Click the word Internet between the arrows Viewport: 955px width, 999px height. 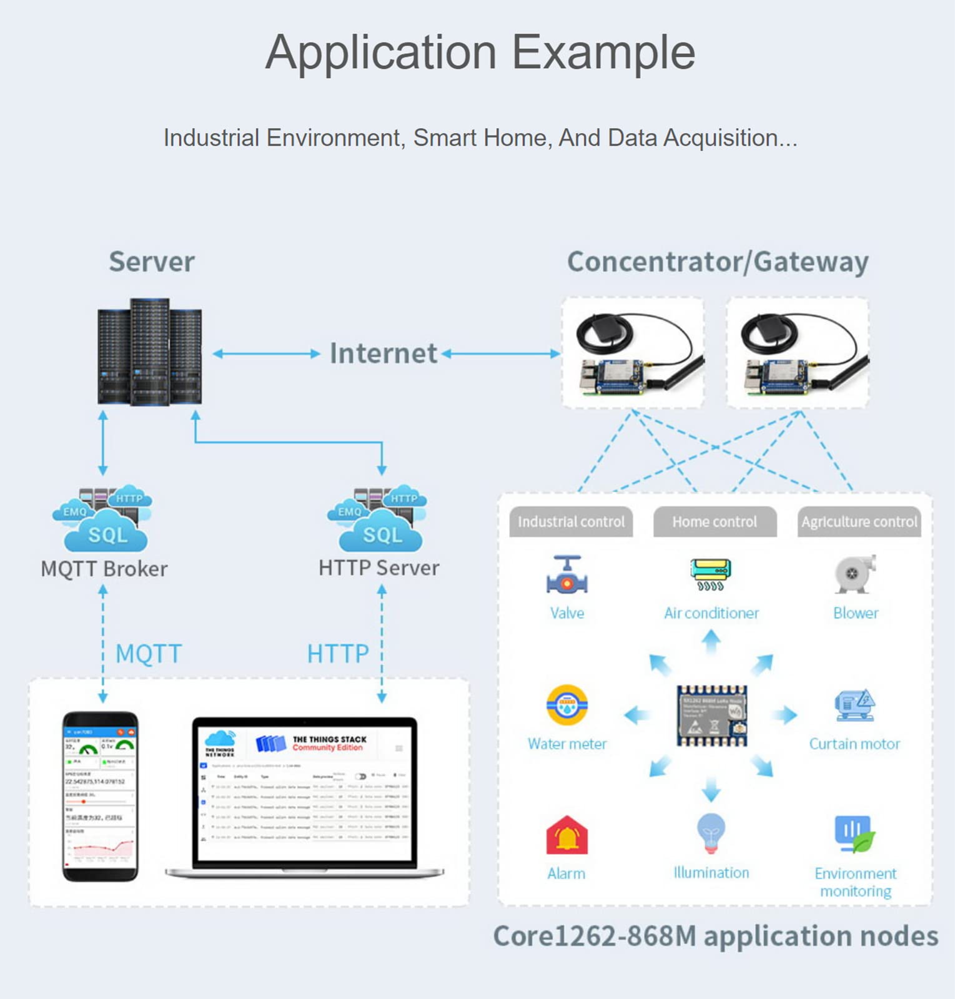coord(383,353)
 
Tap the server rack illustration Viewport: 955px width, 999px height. coord(150,352)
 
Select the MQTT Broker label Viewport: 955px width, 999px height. coord(104,569)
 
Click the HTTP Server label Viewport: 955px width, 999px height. coord(379,568)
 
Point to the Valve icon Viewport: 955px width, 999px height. coord(567,575)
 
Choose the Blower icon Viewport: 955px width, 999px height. coord(855,574)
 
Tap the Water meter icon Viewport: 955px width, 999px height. coord(567,705)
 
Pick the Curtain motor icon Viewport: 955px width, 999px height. coord(854,706)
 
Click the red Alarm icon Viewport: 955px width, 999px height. coord(567,835)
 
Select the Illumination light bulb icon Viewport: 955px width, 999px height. coord(711,833)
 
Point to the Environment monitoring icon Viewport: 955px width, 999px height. coord(855,834)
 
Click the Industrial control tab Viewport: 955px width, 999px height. coord(571,522)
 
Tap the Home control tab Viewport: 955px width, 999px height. coord(715,522)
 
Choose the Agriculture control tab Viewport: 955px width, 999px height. coord(859,522)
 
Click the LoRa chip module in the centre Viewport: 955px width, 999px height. coord(711,716)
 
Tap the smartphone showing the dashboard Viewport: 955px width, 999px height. coord(100,796)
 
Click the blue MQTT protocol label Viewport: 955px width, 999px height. coord(149,654)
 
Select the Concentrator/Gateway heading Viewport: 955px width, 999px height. coord(718,262)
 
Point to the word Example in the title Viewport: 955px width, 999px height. coord(603,52)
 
